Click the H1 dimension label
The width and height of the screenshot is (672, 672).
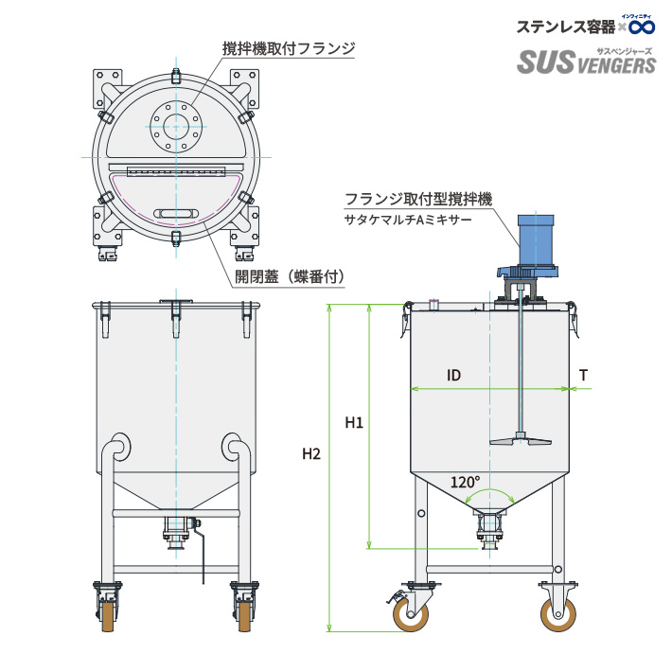click(354, 422)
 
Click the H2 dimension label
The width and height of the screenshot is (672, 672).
click(311, 454)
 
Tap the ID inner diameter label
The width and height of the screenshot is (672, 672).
click(453, 376)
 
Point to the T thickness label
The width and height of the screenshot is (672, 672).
click(584, 376)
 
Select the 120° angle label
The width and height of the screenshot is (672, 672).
click(465, 482)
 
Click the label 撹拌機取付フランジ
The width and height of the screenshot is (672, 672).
click(289, 46)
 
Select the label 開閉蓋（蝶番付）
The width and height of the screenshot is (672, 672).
click(289, 276)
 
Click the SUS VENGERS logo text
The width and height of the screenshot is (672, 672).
click(586, 63)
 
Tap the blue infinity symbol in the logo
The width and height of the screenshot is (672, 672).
click(642, 26)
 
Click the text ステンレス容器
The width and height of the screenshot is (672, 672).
click(565, 27)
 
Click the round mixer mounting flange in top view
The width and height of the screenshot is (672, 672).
click(176, 125)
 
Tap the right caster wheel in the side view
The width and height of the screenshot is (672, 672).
click(557, 615)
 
